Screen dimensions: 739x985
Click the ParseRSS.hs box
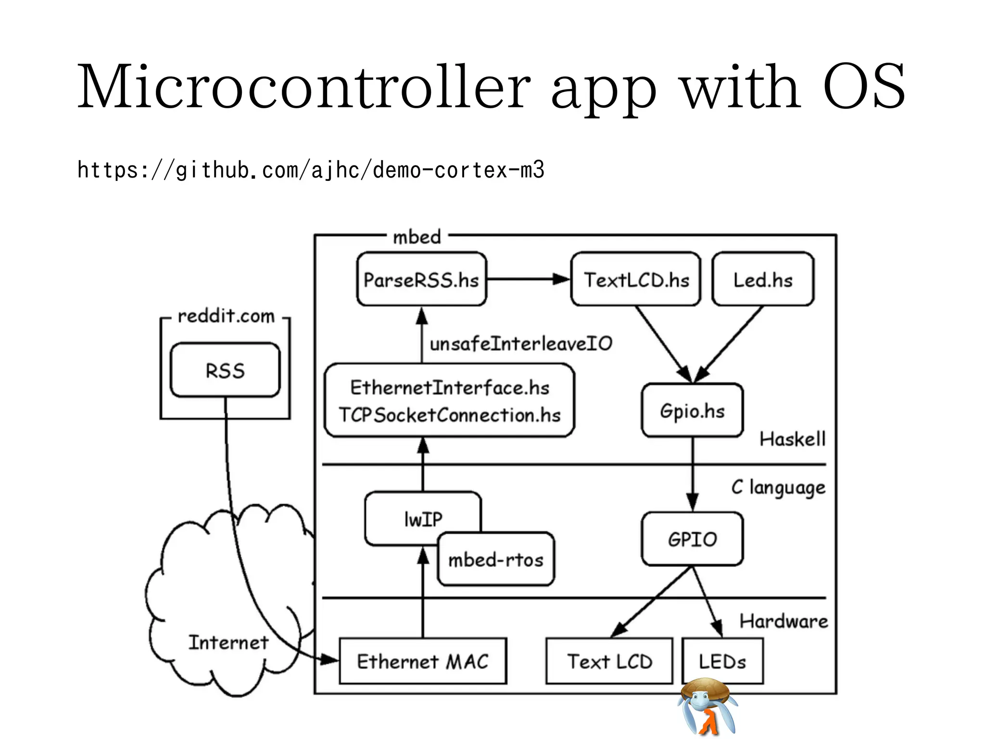pos(421,279)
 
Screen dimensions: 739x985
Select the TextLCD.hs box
pos(635,279)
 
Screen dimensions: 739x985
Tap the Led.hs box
pos(762,279)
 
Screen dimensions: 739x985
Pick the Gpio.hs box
pos(692,410)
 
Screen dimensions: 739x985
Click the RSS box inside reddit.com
pos(225,370)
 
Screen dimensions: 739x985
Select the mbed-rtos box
pos(496,560)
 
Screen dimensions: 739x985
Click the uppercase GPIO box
pos(692,539)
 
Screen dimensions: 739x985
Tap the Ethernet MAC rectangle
pos(422,661)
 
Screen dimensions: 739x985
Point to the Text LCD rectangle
pos(609,661)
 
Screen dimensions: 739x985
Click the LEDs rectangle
pos(722,661)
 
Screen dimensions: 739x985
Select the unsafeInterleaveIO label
pos(521,344)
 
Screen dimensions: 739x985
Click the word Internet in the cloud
pos(228,642)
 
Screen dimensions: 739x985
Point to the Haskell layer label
pos(792,439)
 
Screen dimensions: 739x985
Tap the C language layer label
pos(778,487)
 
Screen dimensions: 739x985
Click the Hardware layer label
pos(783,621)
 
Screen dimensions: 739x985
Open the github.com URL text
pos(311,170)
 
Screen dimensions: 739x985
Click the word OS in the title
pos(863,87)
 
